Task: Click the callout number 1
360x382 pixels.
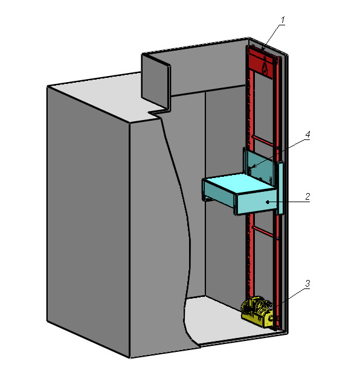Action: tap(283, 20)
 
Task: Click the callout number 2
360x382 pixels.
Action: tap(307, 196)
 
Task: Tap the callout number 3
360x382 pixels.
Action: tap(307, 284)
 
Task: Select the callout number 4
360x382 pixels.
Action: tap(307, 134)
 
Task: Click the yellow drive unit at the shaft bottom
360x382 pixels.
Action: tap(257, 311)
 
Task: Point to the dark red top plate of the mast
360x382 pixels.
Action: tap(263, 63)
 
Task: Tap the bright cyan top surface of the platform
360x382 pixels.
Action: tap(240, 183)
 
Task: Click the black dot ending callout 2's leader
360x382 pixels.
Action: tap(268, 202)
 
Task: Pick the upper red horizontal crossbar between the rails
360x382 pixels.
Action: tap(263, 141)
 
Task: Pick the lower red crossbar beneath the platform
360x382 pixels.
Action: tap(262, 231)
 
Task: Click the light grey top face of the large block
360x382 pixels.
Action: tap(103, 97)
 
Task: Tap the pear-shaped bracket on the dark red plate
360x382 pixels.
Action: tap(265, 66)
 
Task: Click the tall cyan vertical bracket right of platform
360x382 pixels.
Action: tap(280, 188)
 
